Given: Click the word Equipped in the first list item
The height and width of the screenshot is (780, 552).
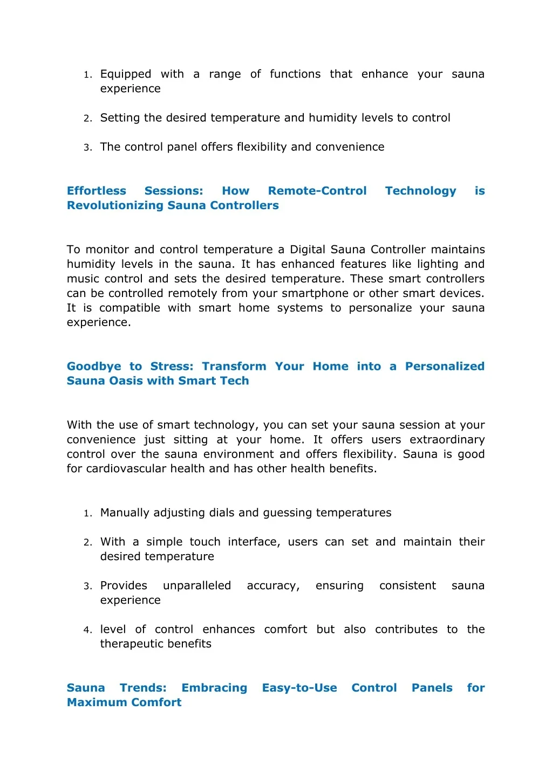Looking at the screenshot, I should point(126,74).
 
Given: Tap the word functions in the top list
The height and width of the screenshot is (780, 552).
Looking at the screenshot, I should point(295,74).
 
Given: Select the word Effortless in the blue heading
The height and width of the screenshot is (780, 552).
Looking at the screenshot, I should point(97,191).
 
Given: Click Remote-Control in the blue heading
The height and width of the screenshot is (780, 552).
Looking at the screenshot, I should point(317,191).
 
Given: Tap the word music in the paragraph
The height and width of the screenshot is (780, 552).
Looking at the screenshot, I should point(84,279).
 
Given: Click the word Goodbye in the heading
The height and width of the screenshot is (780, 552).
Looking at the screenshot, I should point(94,367).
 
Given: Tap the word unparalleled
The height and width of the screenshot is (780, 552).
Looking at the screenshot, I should point(197,585).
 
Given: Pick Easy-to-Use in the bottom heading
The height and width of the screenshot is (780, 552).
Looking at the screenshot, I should point(299,688).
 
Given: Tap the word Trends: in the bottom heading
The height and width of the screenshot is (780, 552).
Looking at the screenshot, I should point(143,688).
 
